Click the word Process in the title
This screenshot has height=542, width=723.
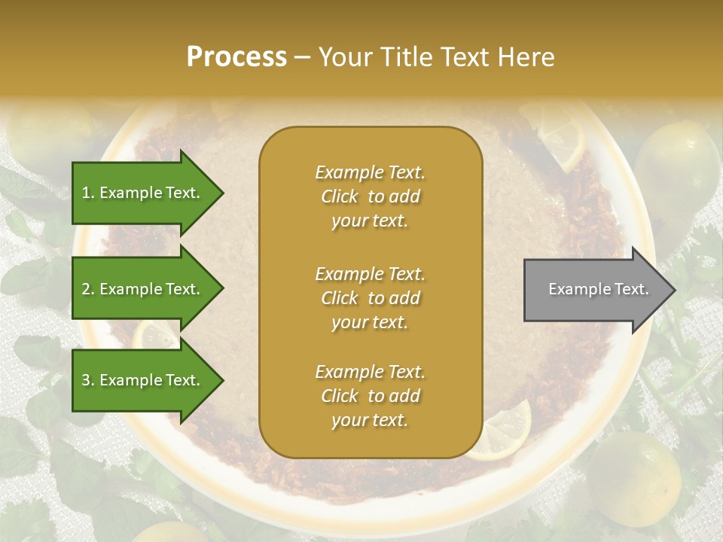(236, 57)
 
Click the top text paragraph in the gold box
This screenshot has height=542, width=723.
(370, 196)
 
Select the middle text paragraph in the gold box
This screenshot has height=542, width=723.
(370, 298)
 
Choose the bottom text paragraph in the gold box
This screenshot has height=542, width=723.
(370, 396)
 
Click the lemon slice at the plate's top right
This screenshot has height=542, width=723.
(557, 135)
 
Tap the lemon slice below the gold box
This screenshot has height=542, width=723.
(501, 433)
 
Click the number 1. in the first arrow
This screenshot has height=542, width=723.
(88, 193)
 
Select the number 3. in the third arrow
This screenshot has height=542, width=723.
(88, 380)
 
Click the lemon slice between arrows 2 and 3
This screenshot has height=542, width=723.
(154, 335)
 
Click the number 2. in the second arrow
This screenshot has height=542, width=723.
(88, 289)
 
